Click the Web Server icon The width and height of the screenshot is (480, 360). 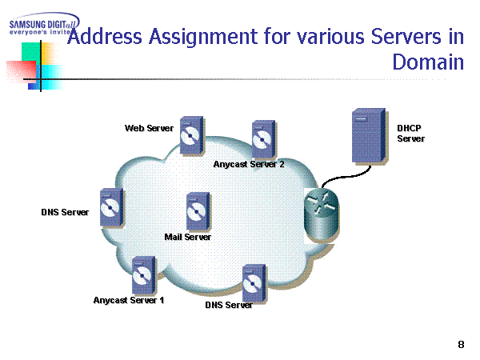coord(190,136)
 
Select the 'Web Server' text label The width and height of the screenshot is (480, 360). coord(149,128)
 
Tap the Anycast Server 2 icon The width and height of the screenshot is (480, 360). coord(261,140)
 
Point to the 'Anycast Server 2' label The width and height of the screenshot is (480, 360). coord(249,164)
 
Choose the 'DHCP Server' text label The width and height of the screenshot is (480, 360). coord(411,133)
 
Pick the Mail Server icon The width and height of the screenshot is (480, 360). coord(197,211)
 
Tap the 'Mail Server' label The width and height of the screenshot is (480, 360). coord(188,237)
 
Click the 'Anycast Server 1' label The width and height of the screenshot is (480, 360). coord(129,301)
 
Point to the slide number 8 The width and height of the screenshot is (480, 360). coord(461,344)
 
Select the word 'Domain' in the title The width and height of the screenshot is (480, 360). coord(429,62)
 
